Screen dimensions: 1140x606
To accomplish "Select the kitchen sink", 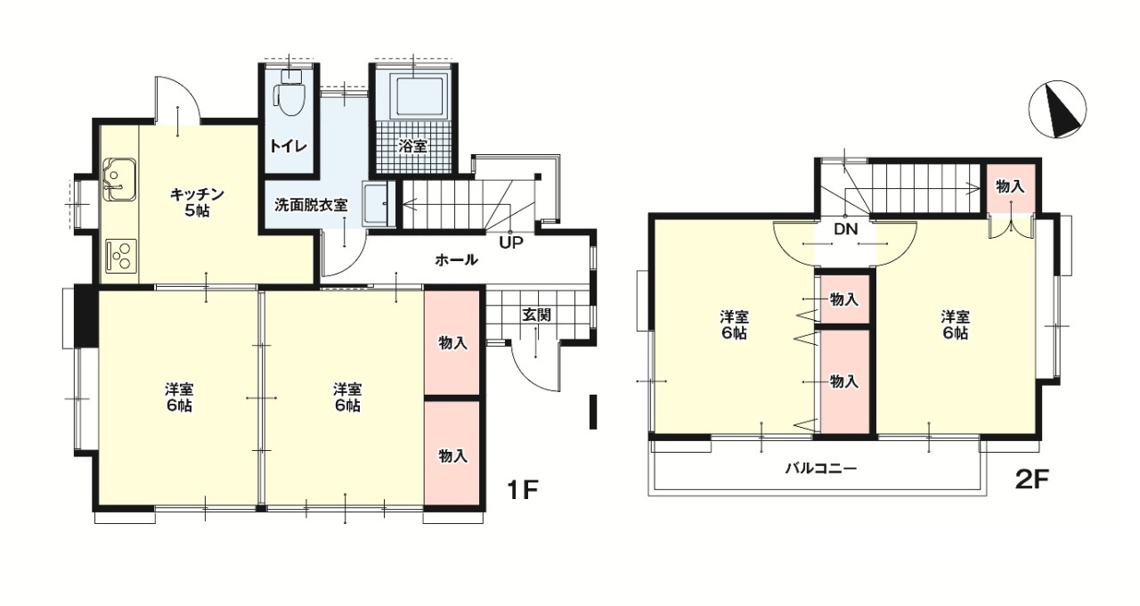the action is coord(120,179).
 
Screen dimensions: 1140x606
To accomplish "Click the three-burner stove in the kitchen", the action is coord(121,255).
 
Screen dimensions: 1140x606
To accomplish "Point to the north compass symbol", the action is coord(1058,110).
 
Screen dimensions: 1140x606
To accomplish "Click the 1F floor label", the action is coord(522,490).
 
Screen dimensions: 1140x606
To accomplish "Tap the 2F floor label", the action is coord(1032,480).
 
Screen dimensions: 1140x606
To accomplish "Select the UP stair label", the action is coord(511,242).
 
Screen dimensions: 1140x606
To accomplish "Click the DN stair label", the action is coord(846,229).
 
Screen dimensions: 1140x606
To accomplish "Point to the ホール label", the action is coord(456,260).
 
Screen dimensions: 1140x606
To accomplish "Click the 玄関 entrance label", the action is coord(536,315).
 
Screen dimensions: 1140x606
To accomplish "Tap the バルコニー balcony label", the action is coord(821,468).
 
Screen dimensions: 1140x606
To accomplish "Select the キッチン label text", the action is coord(197,194).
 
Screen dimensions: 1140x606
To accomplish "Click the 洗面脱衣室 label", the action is coord(311,205).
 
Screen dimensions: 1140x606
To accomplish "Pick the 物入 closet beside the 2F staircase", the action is coord(1010,187).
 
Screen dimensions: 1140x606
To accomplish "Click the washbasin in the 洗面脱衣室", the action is coord(377,204).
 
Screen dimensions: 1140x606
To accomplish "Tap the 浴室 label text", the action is coord(412,147).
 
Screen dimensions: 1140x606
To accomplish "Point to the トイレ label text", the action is coord(288,147).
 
